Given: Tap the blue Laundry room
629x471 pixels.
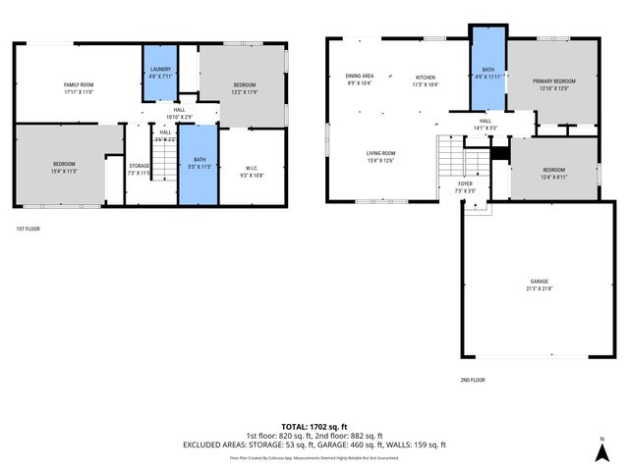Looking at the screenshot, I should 160,71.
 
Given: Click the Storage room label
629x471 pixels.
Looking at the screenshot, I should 139,169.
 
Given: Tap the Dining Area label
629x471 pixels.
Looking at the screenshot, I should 359,78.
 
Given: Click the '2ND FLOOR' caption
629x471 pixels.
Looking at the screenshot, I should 473,380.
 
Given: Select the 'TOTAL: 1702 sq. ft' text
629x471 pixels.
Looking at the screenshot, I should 314,427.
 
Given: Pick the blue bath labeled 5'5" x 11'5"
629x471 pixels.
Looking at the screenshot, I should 199,163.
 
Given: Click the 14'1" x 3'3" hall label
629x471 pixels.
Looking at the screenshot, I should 486,125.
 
